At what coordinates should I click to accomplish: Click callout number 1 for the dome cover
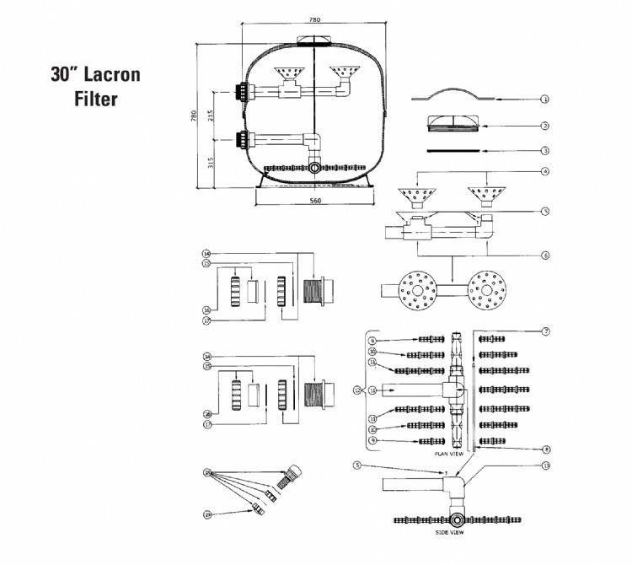coord(545,99)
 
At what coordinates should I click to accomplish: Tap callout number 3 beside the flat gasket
coord(545,151)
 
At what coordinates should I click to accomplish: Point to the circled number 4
coord(545,172)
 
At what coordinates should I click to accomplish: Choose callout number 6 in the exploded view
coord(545,255)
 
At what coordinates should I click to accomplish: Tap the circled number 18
coord(206,473)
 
